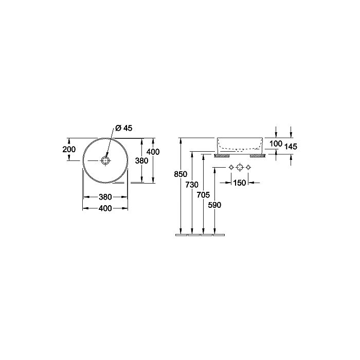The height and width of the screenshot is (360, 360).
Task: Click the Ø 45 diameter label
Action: [124, 128]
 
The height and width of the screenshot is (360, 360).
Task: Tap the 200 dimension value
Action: [69, 150]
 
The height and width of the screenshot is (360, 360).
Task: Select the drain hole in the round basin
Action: [105, 160]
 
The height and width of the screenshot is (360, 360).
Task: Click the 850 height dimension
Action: [181, 174]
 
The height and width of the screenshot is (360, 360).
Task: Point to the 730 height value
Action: [192, 185]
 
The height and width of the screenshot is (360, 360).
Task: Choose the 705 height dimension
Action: [203, 195]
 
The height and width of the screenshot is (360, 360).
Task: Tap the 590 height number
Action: [214, 205]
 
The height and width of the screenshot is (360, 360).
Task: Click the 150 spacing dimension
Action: [240, 183]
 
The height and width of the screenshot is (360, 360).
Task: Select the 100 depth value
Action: [276, 143]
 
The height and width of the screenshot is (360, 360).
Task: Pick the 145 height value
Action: [291, 147]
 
